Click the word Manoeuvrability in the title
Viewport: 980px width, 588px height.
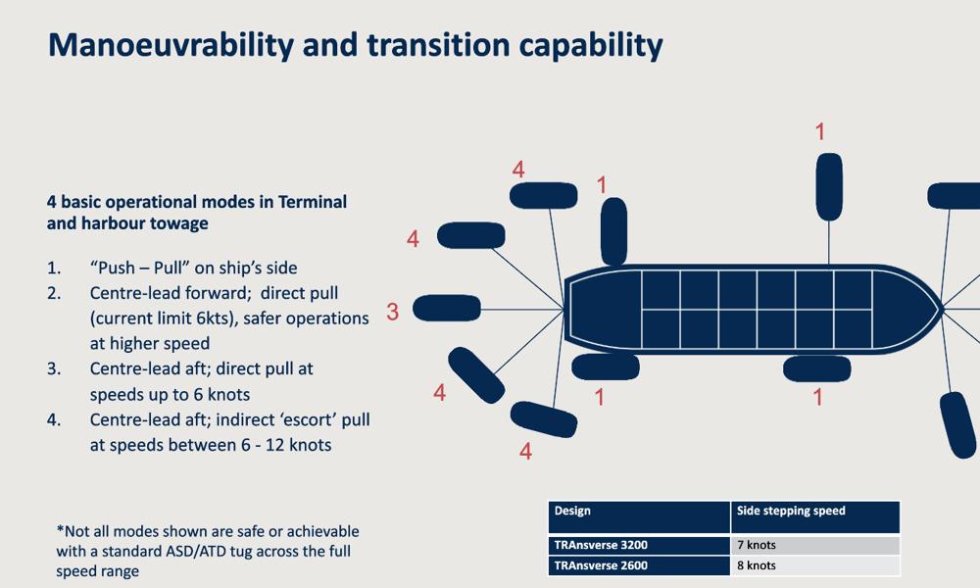click(171, 46)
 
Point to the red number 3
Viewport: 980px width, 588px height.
click(393, 312)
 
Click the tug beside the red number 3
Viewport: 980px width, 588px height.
click(447, 308)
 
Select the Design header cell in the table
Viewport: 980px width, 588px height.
click(639, 517)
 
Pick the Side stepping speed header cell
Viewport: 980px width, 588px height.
click(815, 517)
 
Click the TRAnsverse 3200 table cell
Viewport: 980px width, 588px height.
click(639, 545)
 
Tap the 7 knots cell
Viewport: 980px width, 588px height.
click(815, 545)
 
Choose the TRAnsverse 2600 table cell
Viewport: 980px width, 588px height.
click(639, 565)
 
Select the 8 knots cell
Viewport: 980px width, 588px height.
click(815, 565)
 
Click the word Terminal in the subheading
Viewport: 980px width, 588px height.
click(313, 202)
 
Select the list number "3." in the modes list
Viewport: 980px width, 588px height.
click(54, 368)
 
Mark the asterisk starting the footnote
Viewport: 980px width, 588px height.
click(60, 530)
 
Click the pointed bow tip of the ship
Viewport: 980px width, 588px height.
click(941, 309)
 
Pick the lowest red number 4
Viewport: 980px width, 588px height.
click(525, 451)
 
